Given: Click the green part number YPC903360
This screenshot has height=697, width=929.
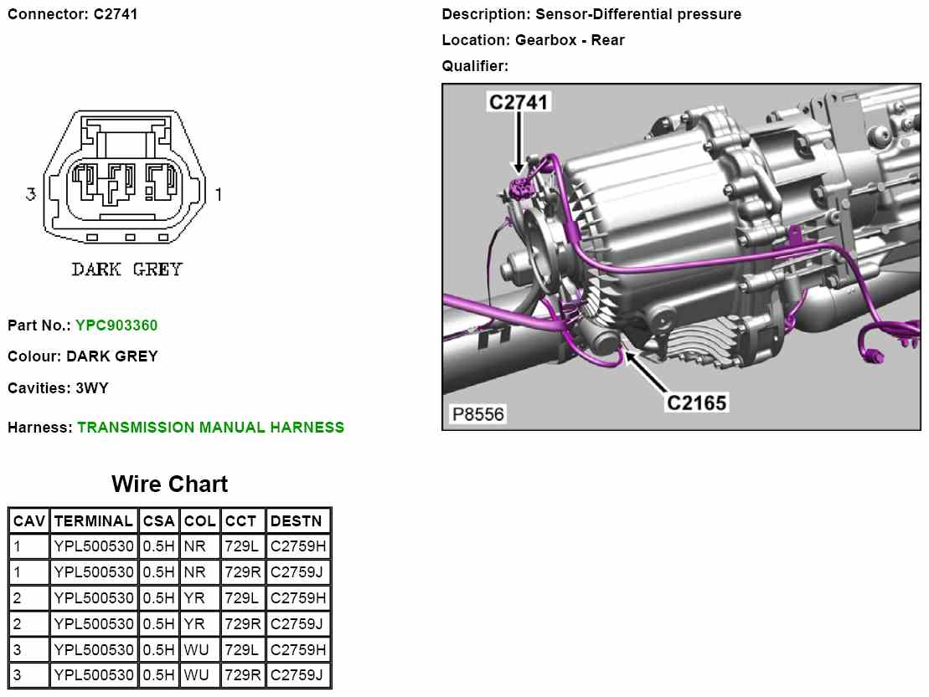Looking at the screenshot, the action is [116, 325].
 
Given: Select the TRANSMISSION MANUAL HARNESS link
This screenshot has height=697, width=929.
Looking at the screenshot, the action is [210, 428].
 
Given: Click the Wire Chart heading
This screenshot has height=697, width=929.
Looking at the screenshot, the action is [169, 484].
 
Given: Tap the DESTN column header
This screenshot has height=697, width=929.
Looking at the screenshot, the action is [297, 521].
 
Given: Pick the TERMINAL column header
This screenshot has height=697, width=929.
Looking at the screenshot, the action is [94, 521].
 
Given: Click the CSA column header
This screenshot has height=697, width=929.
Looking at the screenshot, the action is [159, 521].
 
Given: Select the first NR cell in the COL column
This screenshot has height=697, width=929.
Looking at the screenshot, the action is [194, 546].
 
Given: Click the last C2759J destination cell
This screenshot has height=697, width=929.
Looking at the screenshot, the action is [297, 675].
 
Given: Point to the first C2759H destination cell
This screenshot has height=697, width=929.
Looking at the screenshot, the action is [298, 546].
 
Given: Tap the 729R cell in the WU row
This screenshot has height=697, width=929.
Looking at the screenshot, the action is [243, 675].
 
